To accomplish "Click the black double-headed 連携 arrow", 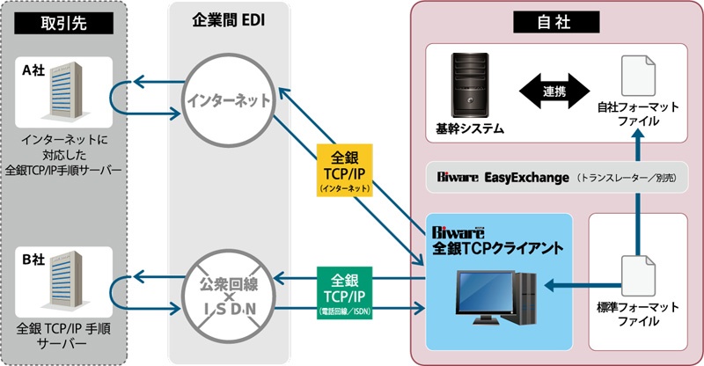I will click(548, 91).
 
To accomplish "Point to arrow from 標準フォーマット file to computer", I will click(577, 285).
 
